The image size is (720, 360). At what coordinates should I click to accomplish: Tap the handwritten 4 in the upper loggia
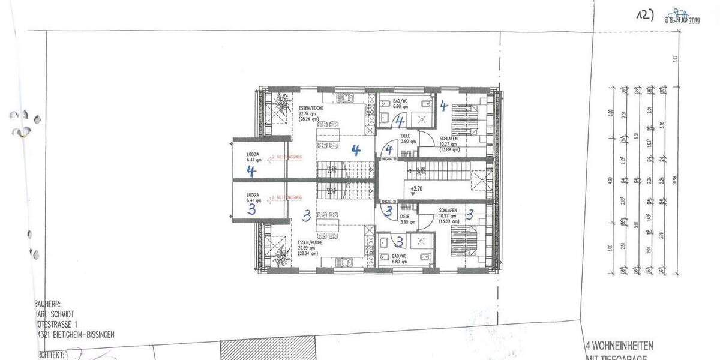pos(251,171)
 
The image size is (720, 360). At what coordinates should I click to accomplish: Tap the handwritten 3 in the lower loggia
pos(251,208)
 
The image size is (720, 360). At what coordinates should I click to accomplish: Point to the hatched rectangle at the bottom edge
pos(268,350)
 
